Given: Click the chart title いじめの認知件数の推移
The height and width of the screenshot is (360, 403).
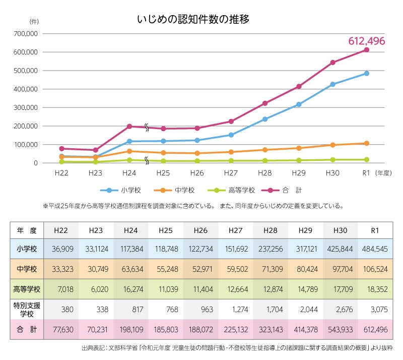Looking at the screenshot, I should pyautogui.click(x=193, y=20).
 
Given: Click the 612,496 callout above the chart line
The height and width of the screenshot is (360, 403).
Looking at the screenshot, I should pyautogui.click(x=367, y=41).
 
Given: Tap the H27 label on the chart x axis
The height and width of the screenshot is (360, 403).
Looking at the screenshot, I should pyautogui.click(x=230, y=172).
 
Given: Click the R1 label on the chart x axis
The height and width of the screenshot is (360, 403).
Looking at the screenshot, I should pyautogui.click(x=367, y=172).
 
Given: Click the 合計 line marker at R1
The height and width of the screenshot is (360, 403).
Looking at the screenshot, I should pyautogui.click(x=367, y=49).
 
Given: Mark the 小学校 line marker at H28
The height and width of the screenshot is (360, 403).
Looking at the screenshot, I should pyautogui.click(x=264, y=119).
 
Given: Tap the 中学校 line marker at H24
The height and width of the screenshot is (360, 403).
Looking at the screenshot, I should pyautogui.click(x=129, y=151).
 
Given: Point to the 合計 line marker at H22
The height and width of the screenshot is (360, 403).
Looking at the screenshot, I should pyautogui.click(x=61, y=149).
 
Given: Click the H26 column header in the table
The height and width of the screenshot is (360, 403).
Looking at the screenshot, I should pyautogui.click(x=200, y=230).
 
